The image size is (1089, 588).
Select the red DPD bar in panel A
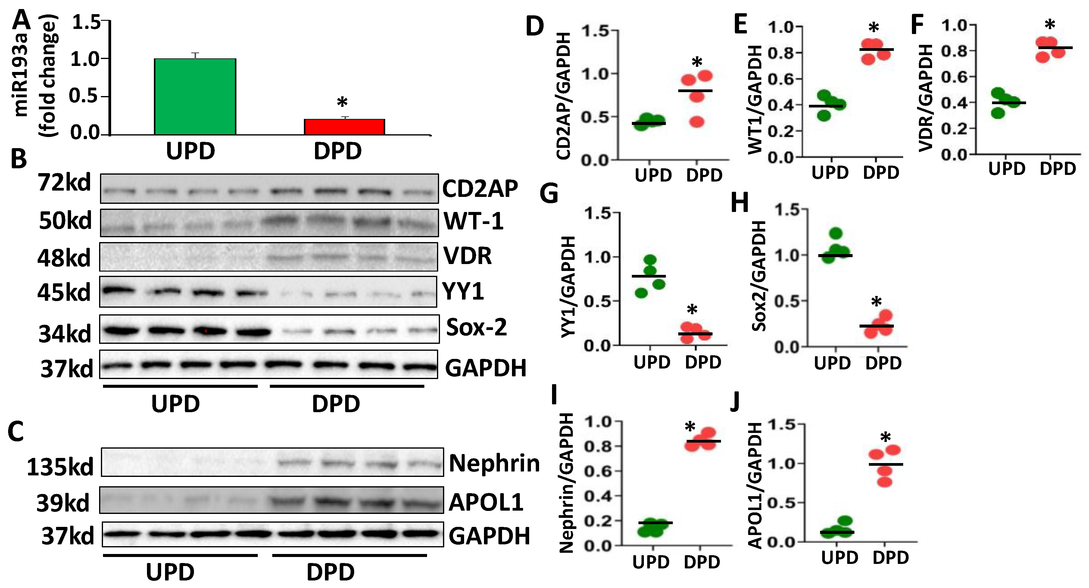344,127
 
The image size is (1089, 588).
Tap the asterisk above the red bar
342,103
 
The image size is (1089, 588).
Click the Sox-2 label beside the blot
476,327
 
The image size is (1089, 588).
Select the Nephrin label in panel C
494,463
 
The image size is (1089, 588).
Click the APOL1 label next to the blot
486,502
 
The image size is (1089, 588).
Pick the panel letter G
549,194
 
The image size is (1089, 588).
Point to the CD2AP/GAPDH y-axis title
564,96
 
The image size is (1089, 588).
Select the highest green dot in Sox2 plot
836,233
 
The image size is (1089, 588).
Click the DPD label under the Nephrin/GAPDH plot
702,562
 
